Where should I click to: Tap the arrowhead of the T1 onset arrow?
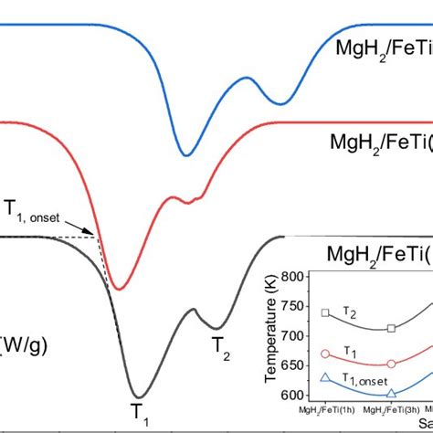pyautogui.click(x=97, y=237)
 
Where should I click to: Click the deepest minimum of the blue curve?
pyautogui.click(x=186, y=154)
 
